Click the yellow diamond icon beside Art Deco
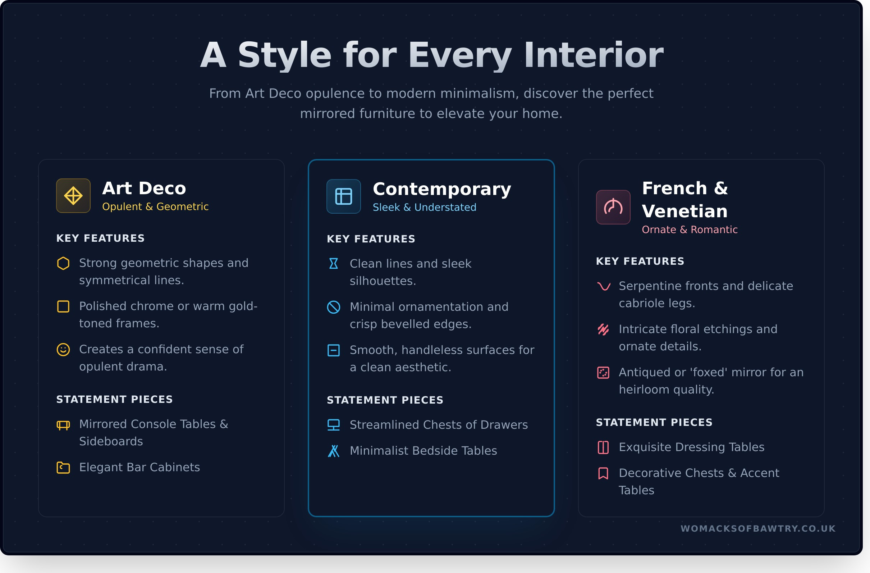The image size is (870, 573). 73,196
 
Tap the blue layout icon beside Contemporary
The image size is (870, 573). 344,196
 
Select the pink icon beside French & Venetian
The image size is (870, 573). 613,207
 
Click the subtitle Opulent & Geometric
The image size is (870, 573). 155,206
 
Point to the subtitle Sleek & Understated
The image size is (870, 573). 425,207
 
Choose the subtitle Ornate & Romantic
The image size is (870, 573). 690,229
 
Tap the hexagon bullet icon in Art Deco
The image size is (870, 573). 63,263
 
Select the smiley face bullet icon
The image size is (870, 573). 63,350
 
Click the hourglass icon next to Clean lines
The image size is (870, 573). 333,264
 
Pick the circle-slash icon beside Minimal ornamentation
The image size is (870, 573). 333,307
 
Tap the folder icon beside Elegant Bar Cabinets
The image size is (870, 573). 63,468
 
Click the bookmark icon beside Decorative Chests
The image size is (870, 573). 603,473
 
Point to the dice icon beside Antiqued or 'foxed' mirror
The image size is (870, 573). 603,373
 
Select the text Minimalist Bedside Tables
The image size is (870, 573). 423,451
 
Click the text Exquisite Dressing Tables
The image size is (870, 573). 692,447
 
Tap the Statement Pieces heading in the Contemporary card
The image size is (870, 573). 385,400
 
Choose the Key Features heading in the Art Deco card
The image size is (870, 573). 101,238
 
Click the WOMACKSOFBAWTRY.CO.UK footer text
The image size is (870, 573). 758,529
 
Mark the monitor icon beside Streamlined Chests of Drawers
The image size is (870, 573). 333,425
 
